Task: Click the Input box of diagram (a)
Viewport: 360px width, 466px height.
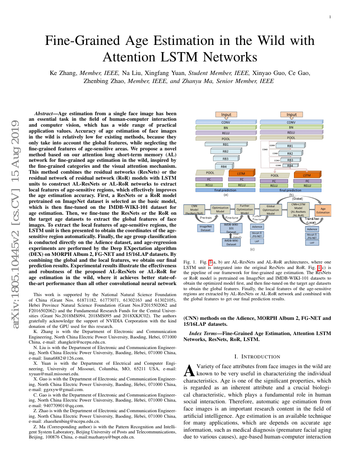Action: tap(226, 114)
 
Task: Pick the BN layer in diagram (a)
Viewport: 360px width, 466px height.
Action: tap(226, 127)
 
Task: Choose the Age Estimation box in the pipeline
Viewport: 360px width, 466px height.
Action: tap(323, 210)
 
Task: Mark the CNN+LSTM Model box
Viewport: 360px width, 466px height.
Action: tap(299, 209)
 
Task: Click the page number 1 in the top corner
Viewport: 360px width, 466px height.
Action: tap(330, 17)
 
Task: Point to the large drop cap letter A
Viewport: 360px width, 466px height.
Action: tap(189, 370)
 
